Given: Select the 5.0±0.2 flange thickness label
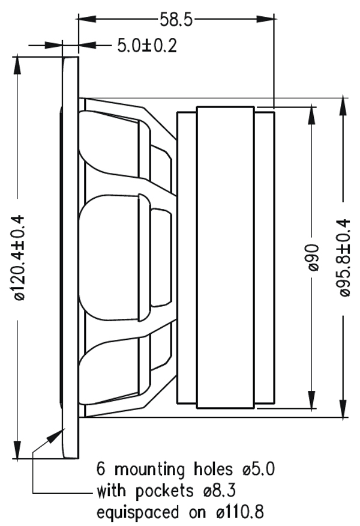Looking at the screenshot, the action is pyautogui.click(x=147, y=46).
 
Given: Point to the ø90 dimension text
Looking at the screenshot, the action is pyautogui.click(x=313, y=258).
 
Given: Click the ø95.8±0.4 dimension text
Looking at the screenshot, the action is pyautogui.click(x=344, y=258).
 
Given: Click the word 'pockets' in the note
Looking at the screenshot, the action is pyautogui.click(x=164, y=491).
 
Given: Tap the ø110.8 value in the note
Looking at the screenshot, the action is pyautogui.click(x=240, y=512).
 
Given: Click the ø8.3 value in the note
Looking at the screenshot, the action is pyautogui.click(x=220, y=491).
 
